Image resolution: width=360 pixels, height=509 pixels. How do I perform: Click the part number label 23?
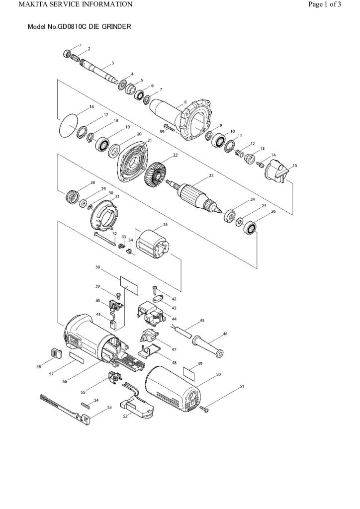pyautogui.click(x=211, y=175)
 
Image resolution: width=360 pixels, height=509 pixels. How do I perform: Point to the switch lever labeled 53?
pyautogui.click(x=65, y=405)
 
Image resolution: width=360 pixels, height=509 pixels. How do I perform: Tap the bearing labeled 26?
pyautogui.click(x=250, y=229)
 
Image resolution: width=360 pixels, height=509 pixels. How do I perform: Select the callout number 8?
pyautogui.click(x=185, y=102)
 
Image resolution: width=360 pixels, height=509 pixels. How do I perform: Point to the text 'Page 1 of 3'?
pyautogui.click(x=325, y=4)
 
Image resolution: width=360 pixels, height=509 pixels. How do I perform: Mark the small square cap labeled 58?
pyautogui.click(x=55, y=353)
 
